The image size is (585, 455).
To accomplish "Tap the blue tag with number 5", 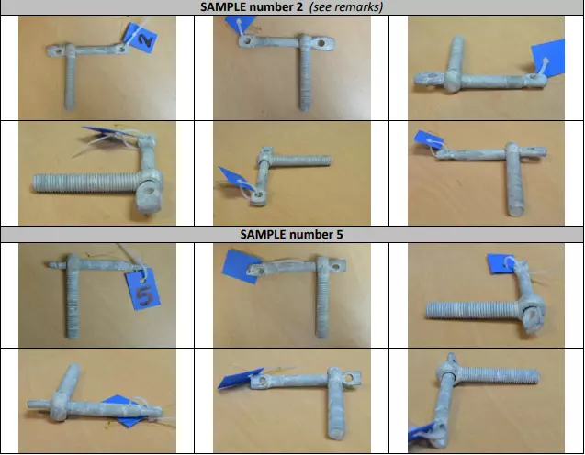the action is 143,290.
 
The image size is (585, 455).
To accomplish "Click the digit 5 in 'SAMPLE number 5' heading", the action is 338,235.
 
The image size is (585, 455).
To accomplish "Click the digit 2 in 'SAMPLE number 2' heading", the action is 299,6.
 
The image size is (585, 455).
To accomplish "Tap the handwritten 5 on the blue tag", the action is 143,294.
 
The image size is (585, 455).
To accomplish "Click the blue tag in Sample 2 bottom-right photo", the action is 428,139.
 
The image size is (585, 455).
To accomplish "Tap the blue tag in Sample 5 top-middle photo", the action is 241,266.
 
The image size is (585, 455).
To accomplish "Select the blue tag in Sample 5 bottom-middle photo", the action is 239,379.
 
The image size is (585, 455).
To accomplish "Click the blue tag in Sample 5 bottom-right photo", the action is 422,431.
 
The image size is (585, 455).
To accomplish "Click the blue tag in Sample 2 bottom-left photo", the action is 103,133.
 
